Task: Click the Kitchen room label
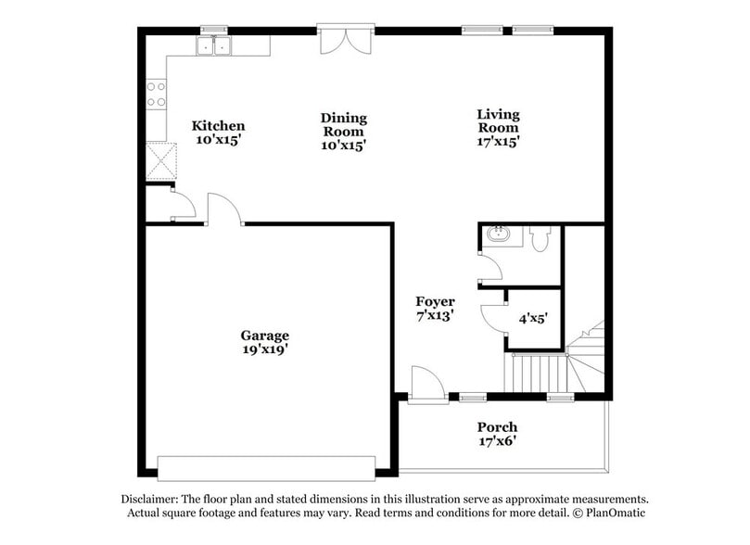[218, 126]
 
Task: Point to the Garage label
[265, 336]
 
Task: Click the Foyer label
[435, 302]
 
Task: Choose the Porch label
[497, 427]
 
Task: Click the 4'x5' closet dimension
[533, 318]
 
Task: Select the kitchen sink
[214, 45]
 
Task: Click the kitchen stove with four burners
[156, 94]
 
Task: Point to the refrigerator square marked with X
[160, 160]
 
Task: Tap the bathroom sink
[497, 234]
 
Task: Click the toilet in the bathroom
[541, 238]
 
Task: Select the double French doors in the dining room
[345, 40]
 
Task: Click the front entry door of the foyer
[426, 387]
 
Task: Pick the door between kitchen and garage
[222, 209]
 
